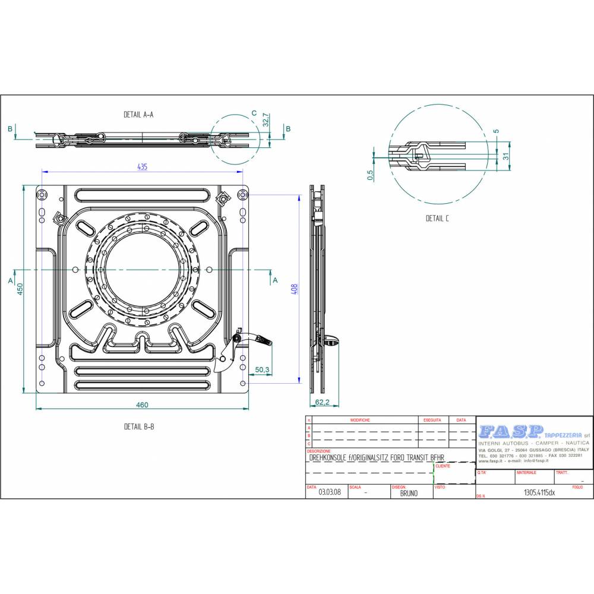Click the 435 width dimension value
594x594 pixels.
click(x=142, y=167)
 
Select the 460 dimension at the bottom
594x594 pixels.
click(x=142, y=405)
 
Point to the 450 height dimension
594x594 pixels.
click(x=19, y=290)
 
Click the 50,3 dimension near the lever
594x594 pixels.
click(x=263, y=370)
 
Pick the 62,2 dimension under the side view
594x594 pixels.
click(x=323, y=402)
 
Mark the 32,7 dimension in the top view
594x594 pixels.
click(x=266, y=121)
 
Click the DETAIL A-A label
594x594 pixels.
click(x=138, y=115)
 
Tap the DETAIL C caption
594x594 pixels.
click(x=437, y=219)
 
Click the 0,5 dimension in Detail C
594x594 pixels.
click(x=370, y=175)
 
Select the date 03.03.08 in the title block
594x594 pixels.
click(x=329, y=492)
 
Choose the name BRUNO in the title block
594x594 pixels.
click(x=409, y=493)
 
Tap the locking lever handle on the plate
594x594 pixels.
click(x=261, y=340)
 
